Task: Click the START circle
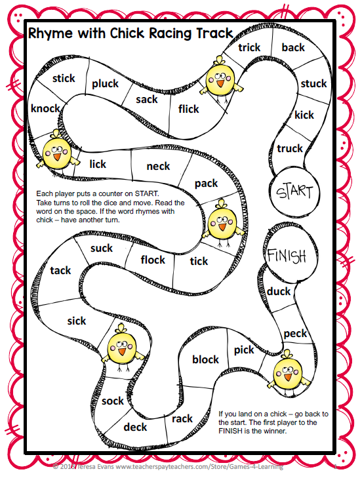coord(294,192)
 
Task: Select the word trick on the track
coord(249,47)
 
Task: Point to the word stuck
coord(313,83)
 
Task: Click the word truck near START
coord(290,148)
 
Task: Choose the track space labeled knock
coord(45,108)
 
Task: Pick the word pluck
coord(105,83)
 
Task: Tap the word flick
coord(188,109)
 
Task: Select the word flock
coord(153,260)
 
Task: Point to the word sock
coord(113,401)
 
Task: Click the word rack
coord(182,418)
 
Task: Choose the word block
coord(205,359)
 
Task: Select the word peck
coord(295,333)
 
